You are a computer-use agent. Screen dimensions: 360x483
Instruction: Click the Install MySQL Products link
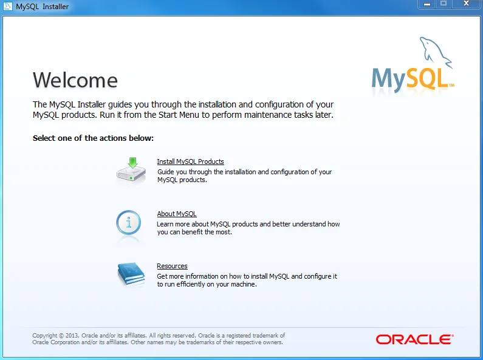(x=190, y=161)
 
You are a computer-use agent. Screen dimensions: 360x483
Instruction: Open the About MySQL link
(x=176, y=214)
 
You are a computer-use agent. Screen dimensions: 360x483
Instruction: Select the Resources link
(x=172, y=266)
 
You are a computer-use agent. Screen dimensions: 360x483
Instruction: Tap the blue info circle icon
(x=129, y=223)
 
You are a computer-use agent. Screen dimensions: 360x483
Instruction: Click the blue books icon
(x=131, y=274)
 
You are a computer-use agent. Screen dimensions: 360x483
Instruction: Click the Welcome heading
(x=75, y=80)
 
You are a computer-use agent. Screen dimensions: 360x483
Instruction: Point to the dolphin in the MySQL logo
(x=436, y=52)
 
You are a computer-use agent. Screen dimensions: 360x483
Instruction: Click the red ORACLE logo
(x=414, y=339)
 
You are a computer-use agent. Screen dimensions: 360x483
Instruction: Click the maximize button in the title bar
(x=444, y=4)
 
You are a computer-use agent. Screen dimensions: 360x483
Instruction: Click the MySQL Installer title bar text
(x=43, y=7)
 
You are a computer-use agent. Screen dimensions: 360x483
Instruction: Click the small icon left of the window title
(x=8, y=7)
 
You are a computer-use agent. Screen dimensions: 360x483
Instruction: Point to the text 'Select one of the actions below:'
(x=93, y=138)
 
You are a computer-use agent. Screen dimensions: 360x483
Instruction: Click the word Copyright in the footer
(x=44, y=335)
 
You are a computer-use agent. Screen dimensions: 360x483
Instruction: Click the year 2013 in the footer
(x=72, y=335)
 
